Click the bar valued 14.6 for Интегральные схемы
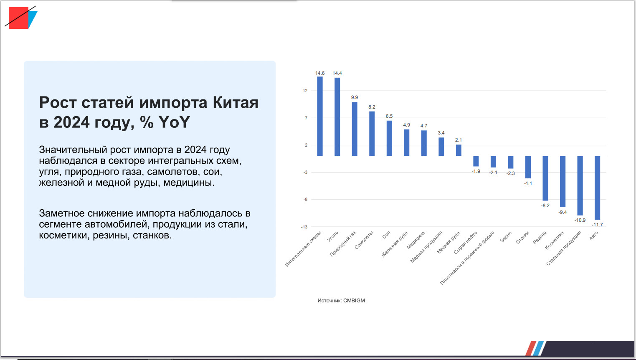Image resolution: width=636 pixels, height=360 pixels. (320, 116)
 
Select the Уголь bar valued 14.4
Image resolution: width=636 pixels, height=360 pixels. (337, 117)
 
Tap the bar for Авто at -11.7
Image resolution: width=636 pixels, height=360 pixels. (598, 188)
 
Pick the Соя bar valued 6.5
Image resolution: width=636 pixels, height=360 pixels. (389, 138)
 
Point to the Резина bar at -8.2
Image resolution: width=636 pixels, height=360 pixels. (545, 178)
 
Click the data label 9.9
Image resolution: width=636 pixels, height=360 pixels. (355, 97)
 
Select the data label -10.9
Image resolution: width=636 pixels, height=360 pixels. (580, 220)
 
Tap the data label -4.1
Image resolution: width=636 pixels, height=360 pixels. (528, 183)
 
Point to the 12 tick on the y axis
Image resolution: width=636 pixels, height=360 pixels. (305, 91)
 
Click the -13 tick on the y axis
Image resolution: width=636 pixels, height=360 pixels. (304, 227)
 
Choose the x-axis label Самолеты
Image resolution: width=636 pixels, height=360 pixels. (364, 240)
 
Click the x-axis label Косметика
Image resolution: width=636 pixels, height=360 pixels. (554, 240)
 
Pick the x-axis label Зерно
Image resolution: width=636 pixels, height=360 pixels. (506, 237)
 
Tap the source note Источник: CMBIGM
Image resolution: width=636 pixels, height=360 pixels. (341, 300)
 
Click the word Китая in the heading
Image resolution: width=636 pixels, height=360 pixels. (236, 102)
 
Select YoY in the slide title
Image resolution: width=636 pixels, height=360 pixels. (174, 122)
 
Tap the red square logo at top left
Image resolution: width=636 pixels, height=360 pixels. (19, 18)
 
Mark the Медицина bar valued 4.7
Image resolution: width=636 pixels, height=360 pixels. (424, 143)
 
